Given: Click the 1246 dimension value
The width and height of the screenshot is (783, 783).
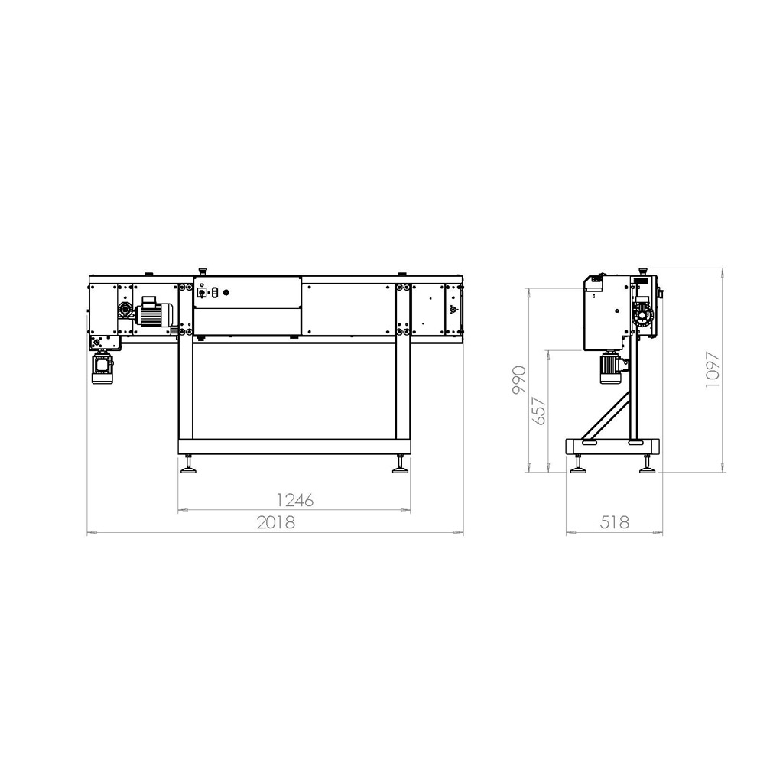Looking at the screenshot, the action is click(x=295, y=500).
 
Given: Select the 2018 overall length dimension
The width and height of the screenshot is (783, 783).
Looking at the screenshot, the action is click(x=275, y=522).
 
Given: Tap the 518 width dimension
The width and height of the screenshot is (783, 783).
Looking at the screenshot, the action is click(x=615, y=522).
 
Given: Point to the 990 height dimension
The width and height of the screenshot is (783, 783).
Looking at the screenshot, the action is click(x=519, y=379).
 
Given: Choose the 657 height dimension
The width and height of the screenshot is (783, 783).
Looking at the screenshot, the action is click(x=540, y=411).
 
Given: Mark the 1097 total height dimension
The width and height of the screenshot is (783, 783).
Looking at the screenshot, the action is click(x=713, y=370).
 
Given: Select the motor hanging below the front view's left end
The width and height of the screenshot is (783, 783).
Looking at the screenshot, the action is click(x=103, y=367).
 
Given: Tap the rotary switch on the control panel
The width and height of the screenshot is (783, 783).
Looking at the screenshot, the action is click(x=202, y=292).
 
